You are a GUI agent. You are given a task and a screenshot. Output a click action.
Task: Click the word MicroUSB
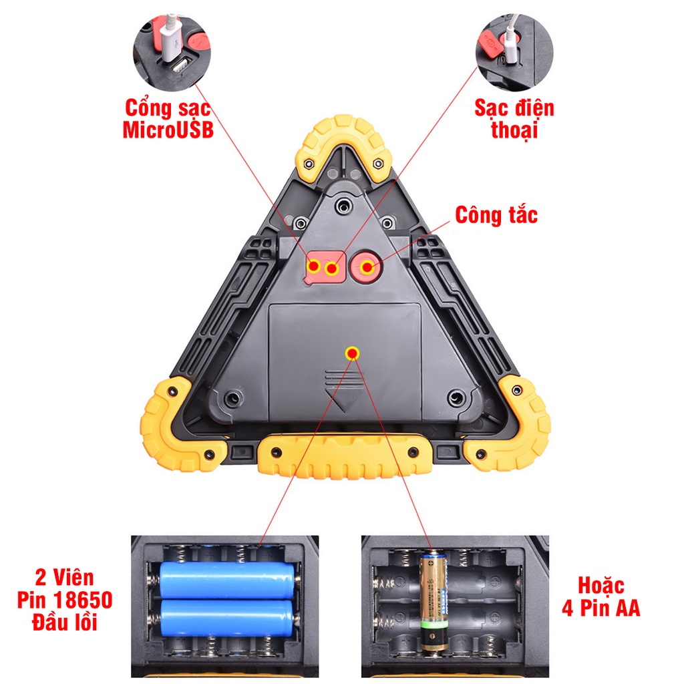(x=168, y=130)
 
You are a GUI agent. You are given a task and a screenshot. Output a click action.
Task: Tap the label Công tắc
(x=496, y=215)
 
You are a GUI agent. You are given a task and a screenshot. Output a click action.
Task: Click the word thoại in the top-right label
(x=514, y=130)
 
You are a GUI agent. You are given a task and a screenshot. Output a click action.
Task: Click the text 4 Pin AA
(x=601, y=608)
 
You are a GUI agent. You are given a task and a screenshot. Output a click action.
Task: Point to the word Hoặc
(x=601, y=586)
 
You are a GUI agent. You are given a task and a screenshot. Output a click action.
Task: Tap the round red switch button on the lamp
(x=367, y=267)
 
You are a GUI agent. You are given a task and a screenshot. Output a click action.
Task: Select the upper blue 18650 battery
(x=227, y=580)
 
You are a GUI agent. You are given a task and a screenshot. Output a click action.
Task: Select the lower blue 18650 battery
(x=227, y=618)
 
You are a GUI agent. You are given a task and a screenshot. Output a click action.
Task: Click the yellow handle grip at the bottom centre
(x=345, y=456)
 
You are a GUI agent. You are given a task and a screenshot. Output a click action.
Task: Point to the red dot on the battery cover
(x=352, y=353)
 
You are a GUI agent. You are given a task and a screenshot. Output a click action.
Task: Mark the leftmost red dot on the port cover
(x=314, y=265)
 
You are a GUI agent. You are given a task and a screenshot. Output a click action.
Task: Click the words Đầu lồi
(x=65, y=622)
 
